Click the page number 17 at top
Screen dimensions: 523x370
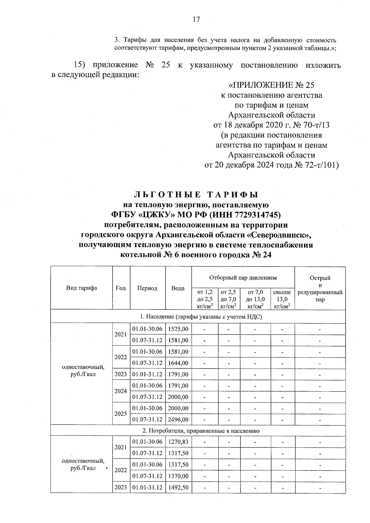196,20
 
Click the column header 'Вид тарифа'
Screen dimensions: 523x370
81,288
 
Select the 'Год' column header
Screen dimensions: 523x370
121,288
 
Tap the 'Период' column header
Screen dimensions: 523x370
147,288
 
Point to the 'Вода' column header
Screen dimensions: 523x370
178,288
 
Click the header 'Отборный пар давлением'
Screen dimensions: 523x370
243,277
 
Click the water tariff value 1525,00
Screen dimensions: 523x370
178,329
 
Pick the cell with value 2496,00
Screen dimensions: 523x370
178,419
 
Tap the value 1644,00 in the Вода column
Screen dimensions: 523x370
178,363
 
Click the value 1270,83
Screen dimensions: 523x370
178,442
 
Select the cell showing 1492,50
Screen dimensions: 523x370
178,487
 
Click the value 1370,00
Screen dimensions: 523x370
178,476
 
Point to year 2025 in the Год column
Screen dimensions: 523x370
121,414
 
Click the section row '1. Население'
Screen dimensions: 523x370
198,317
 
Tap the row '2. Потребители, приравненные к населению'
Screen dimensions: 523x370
198,431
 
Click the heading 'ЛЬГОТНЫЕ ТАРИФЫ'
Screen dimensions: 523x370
196,194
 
